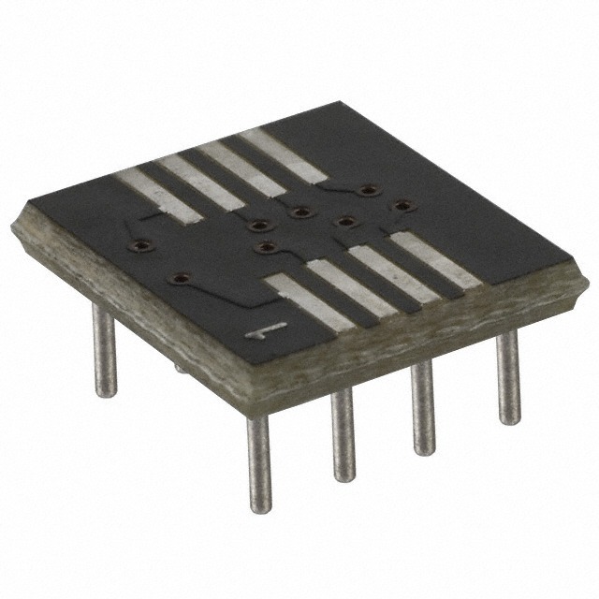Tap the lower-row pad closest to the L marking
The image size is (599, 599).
(309, 303)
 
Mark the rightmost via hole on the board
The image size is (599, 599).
(402, 205)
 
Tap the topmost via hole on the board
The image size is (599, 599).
(368, 190)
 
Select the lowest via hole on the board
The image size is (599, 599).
(180, 278)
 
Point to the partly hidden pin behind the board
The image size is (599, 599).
(180, 368)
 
